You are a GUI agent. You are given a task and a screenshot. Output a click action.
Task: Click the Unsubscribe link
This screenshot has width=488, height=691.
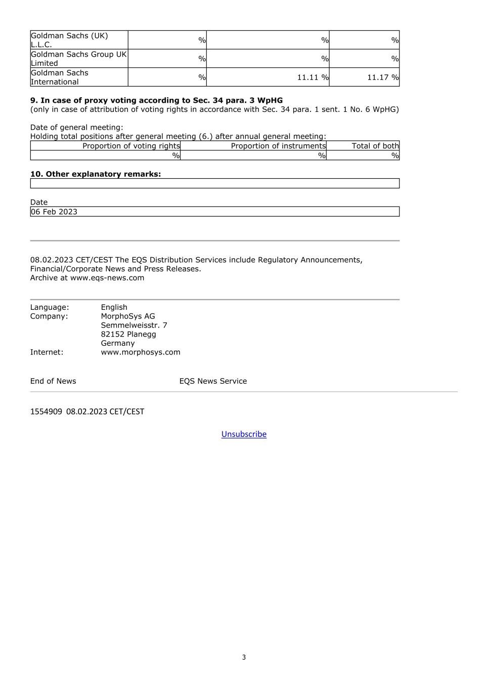click(244, 434)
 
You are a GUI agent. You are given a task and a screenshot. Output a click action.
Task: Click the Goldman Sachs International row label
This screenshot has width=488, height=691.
click(60, 77)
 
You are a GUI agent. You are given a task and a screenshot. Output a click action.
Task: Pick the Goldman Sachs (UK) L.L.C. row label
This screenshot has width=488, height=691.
click(69, 40)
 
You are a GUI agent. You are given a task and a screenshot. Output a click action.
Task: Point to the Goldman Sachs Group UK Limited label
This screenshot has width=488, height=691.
click(78, 59)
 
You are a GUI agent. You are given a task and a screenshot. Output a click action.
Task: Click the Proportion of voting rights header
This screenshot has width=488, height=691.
click(131, 146)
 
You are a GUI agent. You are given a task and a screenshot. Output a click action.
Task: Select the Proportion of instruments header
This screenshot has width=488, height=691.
click(278, 146)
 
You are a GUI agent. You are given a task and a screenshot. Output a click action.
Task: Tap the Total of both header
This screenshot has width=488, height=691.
click(375, 146)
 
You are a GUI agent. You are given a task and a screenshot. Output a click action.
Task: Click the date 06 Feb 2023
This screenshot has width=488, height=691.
click(54, 212)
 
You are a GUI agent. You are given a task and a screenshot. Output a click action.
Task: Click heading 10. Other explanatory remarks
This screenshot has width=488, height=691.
click(96, 174)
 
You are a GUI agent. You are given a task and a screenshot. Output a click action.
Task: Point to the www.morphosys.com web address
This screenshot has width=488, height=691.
click(141, 352)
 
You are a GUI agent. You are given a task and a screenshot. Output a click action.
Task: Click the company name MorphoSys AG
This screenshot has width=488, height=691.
click(128, 316)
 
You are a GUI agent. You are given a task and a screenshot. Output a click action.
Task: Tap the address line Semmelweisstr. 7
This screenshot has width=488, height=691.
click(134, 325)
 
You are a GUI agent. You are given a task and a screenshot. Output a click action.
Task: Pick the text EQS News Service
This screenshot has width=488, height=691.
click(213, 381)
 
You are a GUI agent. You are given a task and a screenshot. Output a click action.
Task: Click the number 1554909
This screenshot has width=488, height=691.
click(46, 412)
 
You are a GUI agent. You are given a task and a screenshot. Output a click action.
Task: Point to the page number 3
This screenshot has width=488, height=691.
click(244, 657)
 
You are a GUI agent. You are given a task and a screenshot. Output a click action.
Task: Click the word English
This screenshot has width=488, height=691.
click(114, 307)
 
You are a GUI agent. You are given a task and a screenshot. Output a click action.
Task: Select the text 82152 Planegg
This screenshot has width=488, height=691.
click(128, 334)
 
